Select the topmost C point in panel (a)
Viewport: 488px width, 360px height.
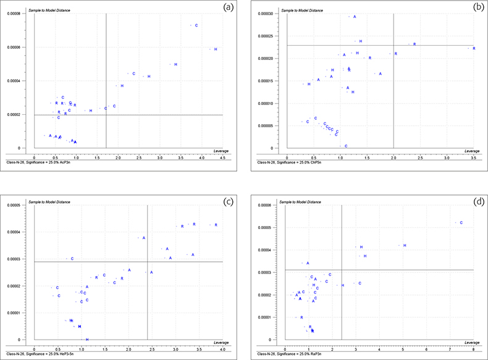[x=196, y=25]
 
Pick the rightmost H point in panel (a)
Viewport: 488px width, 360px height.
[x=216, y=49]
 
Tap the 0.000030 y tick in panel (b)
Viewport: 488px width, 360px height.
[x=266, y=13]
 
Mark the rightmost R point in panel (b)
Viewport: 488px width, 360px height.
[x=474, y=48]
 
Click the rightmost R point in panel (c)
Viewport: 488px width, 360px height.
[x=216, y=225]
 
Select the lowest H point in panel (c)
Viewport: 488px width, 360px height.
[x=87, y=340]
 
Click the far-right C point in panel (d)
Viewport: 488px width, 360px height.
[x=461, y=222]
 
